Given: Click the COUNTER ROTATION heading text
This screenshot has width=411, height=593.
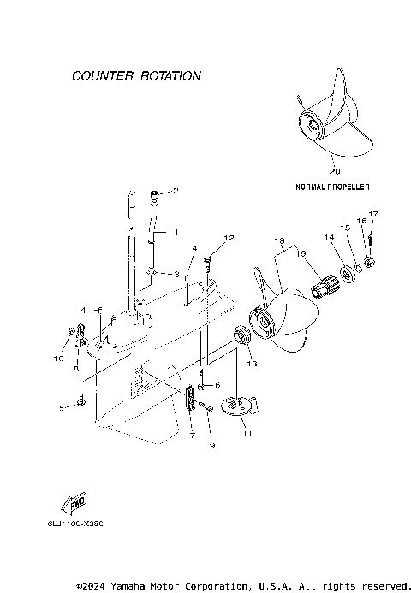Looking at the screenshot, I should [x=136, y=76].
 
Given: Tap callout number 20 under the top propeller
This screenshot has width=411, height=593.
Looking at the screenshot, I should [x=334, y=172].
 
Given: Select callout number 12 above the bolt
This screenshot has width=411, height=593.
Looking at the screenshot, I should [x=229, y=237].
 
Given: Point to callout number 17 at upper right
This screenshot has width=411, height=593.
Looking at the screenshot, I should [x=373, y=213].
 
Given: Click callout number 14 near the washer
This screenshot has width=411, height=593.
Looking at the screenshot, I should [x=327, y=236].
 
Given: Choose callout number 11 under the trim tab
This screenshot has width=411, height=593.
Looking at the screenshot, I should [x=247, y=435].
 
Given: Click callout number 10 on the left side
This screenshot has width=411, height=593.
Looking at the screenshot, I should [x=59, y=359].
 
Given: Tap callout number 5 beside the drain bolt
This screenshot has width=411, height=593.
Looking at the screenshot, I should [x=63, y=408].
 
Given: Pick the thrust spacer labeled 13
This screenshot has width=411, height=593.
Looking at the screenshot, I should [x=242, y=335].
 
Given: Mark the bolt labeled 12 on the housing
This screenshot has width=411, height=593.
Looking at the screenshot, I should [x=211, y=266].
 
